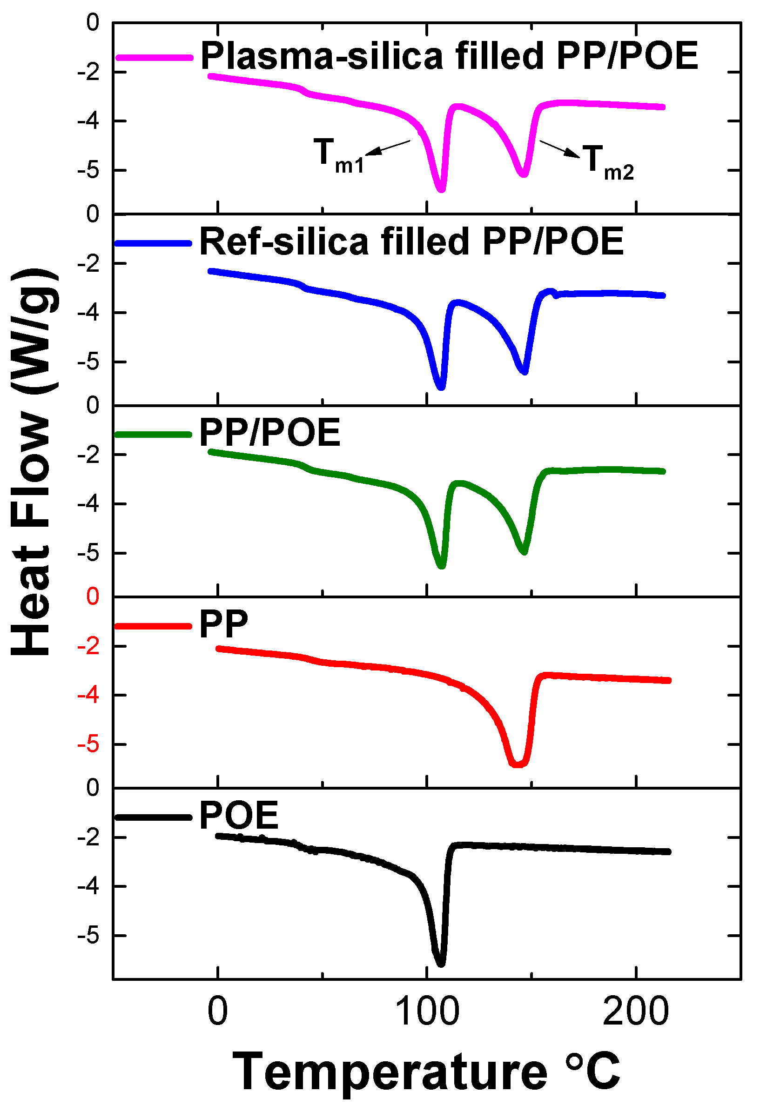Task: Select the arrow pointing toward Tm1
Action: [388, 148]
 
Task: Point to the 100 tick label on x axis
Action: [427, 1012]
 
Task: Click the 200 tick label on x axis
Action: [635, 1012]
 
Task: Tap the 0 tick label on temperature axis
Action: [218, 1012]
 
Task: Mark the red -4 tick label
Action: [88, 695]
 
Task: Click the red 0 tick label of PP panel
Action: [92, 596]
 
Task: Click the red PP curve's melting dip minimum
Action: [518, 764]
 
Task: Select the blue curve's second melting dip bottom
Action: [525, 371]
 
